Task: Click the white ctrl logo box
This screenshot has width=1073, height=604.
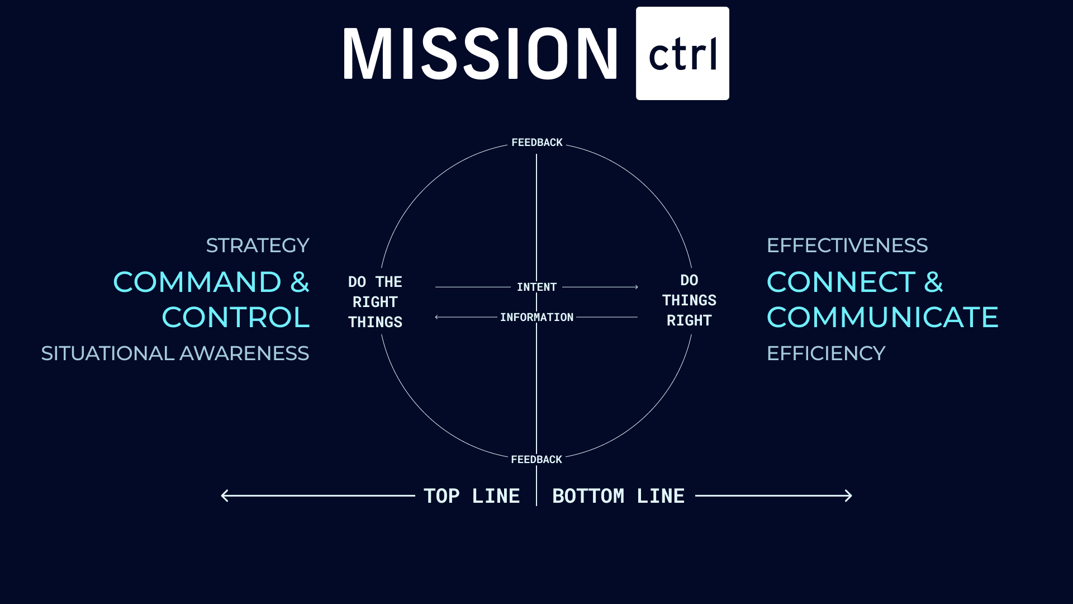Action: click(682, 54)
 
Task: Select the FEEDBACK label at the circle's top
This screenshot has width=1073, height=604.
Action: click(537, 143)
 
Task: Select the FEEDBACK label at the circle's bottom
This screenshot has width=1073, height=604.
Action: click(536, 460)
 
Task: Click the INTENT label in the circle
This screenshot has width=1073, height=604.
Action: click(536, 287)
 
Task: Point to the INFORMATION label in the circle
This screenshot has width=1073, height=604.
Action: click(536, 318)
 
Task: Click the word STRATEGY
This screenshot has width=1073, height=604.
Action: click(258, 246)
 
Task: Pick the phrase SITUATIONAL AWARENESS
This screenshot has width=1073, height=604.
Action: click(175, 353)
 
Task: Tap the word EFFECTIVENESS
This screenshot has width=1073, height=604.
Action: click(847, 246)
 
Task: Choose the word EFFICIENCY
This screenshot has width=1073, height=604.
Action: click(826, 353)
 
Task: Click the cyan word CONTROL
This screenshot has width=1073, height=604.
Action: click(235, 318)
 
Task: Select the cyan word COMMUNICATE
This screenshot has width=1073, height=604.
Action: click(882, 318)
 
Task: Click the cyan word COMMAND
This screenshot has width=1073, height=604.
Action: click(197, 282)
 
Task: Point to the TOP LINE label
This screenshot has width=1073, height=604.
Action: click(472, 496)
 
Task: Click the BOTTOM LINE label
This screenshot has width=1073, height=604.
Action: click(618, 496)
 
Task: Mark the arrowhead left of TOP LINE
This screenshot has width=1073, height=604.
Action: click(225, 496)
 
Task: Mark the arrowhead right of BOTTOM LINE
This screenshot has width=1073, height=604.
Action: click(848, 496)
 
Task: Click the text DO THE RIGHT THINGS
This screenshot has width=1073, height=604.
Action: click(375, 302)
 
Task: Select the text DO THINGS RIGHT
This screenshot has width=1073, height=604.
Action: click(689, 300)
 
